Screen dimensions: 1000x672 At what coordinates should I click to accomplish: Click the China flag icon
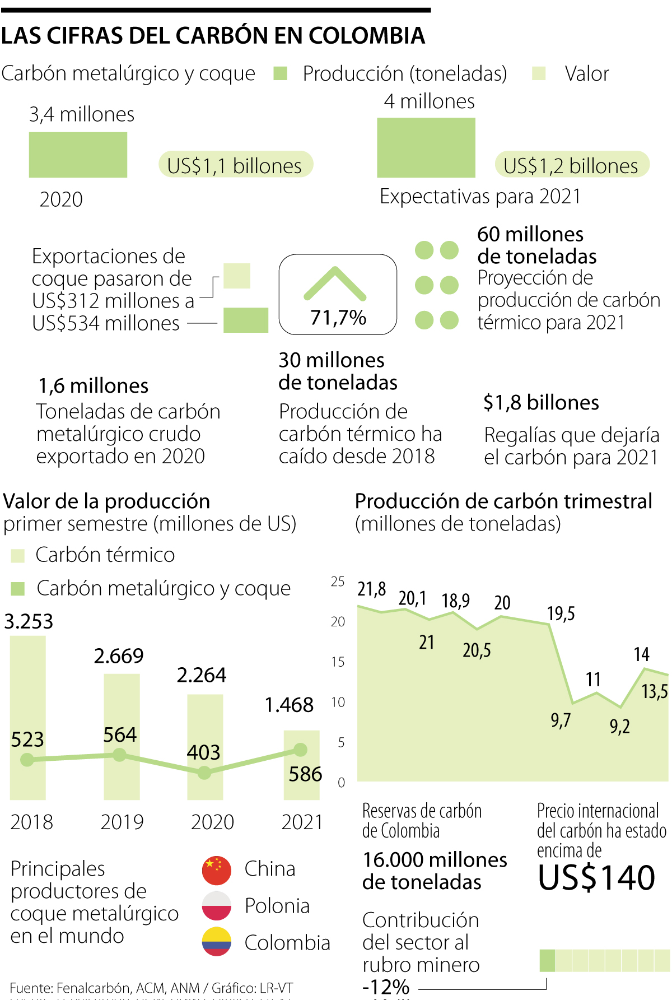tap(217, 869)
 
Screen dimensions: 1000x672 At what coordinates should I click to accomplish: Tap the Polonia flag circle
tap(217, 906)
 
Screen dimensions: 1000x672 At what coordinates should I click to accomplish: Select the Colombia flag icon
tap(217, 942)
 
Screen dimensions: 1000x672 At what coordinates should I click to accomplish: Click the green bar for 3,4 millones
tap(78, 155)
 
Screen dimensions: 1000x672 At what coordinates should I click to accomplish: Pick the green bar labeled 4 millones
tap(426, 147)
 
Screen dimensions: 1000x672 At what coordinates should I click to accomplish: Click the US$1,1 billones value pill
tap(235, 165)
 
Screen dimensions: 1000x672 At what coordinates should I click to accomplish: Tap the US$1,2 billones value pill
tap(571, 165)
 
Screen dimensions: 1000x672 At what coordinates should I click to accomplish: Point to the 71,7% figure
tap(338, 318)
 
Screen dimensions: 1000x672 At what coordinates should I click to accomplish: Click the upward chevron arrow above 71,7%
tap(335, 283)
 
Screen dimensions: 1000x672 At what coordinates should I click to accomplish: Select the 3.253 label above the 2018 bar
tap(29, 622)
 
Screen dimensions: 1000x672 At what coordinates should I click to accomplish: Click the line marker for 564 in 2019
tap(119, 755)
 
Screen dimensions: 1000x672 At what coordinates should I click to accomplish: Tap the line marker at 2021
tap(301, 750)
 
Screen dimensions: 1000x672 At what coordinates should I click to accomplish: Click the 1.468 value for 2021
tap(289, 705)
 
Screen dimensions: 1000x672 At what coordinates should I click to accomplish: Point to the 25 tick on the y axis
tap(338, 582)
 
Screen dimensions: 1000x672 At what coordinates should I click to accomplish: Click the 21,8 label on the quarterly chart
tap(372, 589)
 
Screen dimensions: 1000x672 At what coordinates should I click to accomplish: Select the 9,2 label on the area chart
tap(620, 727)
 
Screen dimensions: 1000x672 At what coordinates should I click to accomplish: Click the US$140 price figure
tap(596, 878)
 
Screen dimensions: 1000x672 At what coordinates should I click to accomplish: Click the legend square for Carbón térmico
tap(18, 556)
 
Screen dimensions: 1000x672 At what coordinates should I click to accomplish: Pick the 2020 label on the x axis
tap(212, 822)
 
